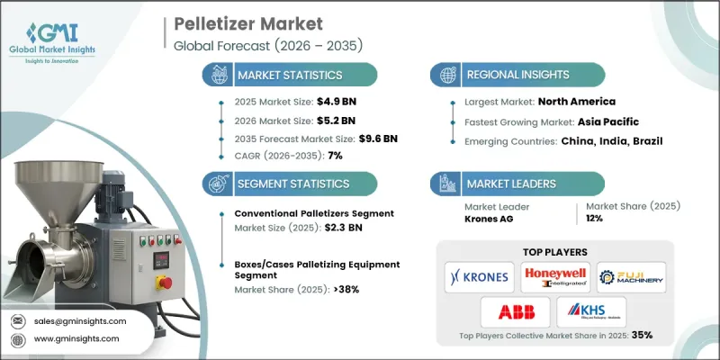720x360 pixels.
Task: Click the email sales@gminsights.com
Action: (x=78, y=320)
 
